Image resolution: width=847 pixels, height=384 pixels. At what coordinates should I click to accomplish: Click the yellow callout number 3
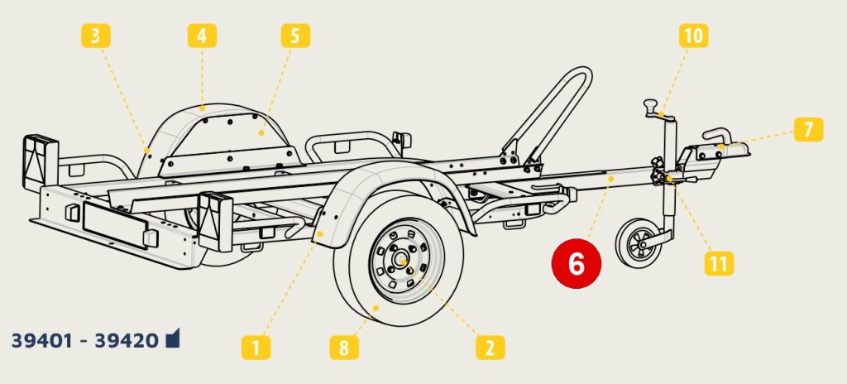[96, 36]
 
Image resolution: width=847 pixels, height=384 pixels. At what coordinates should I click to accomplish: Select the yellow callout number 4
[202, 36]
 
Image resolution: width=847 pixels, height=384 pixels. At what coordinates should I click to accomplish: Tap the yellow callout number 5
[295, 36]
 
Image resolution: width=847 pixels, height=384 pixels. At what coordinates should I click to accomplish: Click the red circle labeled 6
[577, 264]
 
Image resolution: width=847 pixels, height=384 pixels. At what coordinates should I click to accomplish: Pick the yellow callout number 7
[809, 130]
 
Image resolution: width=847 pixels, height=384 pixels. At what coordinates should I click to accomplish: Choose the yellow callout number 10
[694, 36]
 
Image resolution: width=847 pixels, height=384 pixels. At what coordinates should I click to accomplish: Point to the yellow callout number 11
[719, 263]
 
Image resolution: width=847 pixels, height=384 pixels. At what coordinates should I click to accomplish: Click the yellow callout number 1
[256, 348]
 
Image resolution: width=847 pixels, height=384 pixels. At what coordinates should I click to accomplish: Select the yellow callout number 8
[344, 348]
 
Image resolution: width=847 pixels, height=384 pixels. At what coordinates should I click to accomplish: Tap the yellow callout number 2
[490, 348]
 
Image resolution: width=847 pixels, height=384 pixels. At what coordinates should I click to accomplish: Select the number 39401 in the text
[42, 341]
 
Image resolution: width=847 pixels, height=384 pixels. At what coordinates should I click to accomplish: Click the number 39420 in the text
[127, 341]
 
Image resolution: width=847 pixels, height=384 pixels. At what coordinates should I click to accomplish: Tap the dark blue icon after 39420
[173, 338]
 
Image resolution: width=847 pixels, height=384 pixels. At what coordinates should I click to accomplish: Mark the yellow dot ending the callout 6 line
[611, 177]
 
